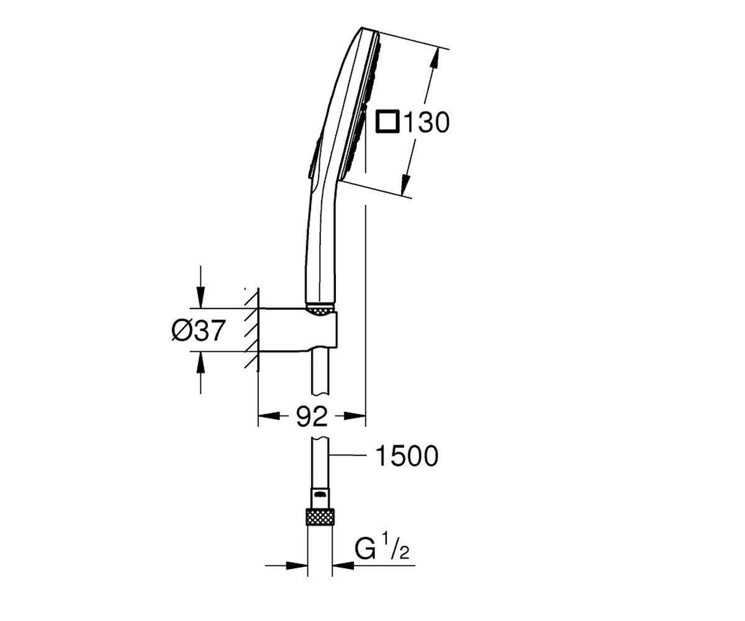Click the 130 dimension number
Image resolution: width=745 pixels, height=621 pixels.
click(427, 122)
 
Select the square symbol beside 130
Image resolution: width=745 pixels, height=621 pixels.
click(387, 121)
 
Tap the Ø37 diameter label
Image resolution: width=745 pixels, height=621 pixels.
click(199, 330)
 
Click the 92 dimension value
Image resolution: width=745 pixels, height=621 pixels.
click(312, 416)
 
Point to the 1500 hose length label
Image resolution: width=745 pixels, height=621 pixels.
click(407, 456)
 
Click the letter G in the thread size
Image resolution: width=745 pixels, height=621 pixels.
click(365, 548)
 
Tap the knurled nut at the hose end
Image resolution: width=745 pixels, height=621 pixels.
click(320, 517)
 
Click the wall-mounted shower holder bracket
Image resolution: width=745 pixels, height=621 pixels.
click(298, 329)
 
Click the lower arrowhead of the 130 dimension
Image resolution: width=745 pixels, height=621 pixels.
click(405, 185)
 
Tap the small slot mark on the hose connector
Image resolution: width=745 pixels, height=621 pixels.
click(320, 494)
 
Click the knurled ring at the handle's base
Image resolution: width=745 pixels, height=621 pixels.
click(321, 310)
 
